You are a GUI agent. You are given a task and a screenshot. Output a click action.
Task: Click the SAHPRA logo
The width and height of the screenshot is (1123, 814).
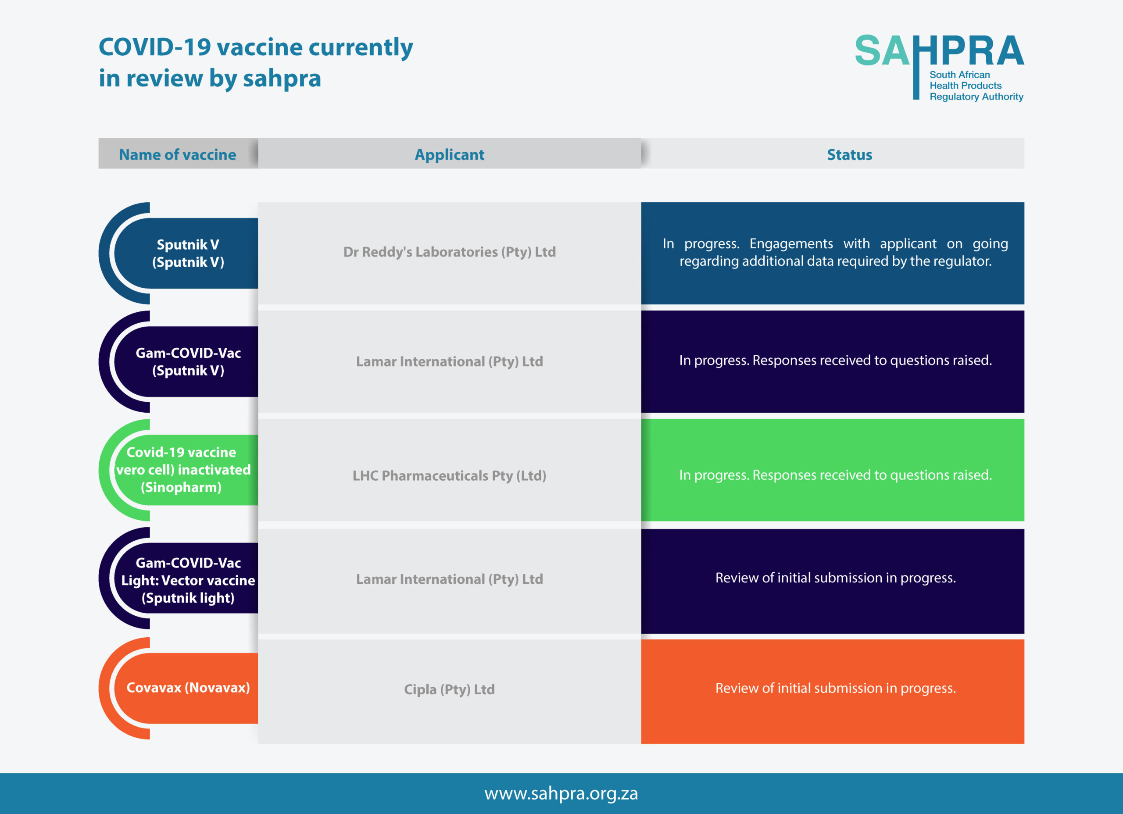(939, 68)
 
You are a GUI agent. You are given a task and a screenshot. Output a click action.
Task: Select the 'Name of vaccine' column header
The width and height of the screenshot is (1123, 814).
(178, 154)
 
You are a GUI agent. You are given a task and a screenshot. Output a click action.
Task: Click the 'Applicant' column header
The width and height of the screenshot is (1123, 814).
(449, 154)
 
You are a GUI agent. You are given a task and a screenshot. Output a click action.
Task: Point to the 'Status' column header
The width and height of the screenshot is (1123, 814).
(849, 154)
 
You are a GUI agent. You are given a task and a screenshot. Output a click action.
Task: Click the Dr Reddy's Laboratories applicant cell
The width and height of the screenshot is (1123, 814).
(449, 252)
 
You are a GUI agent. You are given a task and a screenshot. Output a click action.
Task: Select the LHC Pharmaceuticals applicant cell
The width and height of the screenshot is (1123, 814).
(449, 475)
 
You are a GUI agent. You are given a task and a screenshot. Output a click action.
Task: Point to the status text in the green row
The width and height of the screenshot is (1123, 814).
(835, 475)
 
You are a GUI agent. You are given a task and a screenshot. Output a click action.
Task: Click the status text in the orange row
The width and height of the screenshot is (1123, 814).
(835, 688)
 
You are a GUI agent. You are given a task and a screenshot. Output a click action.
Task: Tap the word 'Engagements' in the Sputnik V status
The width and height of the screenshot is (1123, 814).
(791, 243)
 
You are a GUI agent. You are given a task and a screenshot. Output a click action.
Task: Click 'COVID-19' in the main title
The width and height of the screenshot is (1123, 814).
(155, 47)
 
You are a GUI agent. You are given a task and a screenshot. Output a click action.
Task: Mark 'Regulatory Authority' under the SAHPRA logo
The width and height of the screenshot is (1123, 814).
(976, 96)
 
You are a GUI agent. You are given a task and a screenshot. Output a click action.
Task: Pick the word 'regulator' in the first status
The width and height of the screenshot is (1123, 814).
(958, 261)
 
